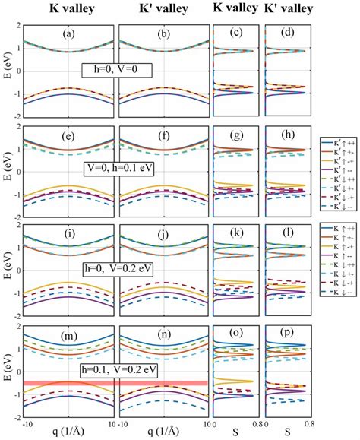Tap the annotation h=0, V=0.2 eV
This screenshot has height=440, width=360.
point(118,267)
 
